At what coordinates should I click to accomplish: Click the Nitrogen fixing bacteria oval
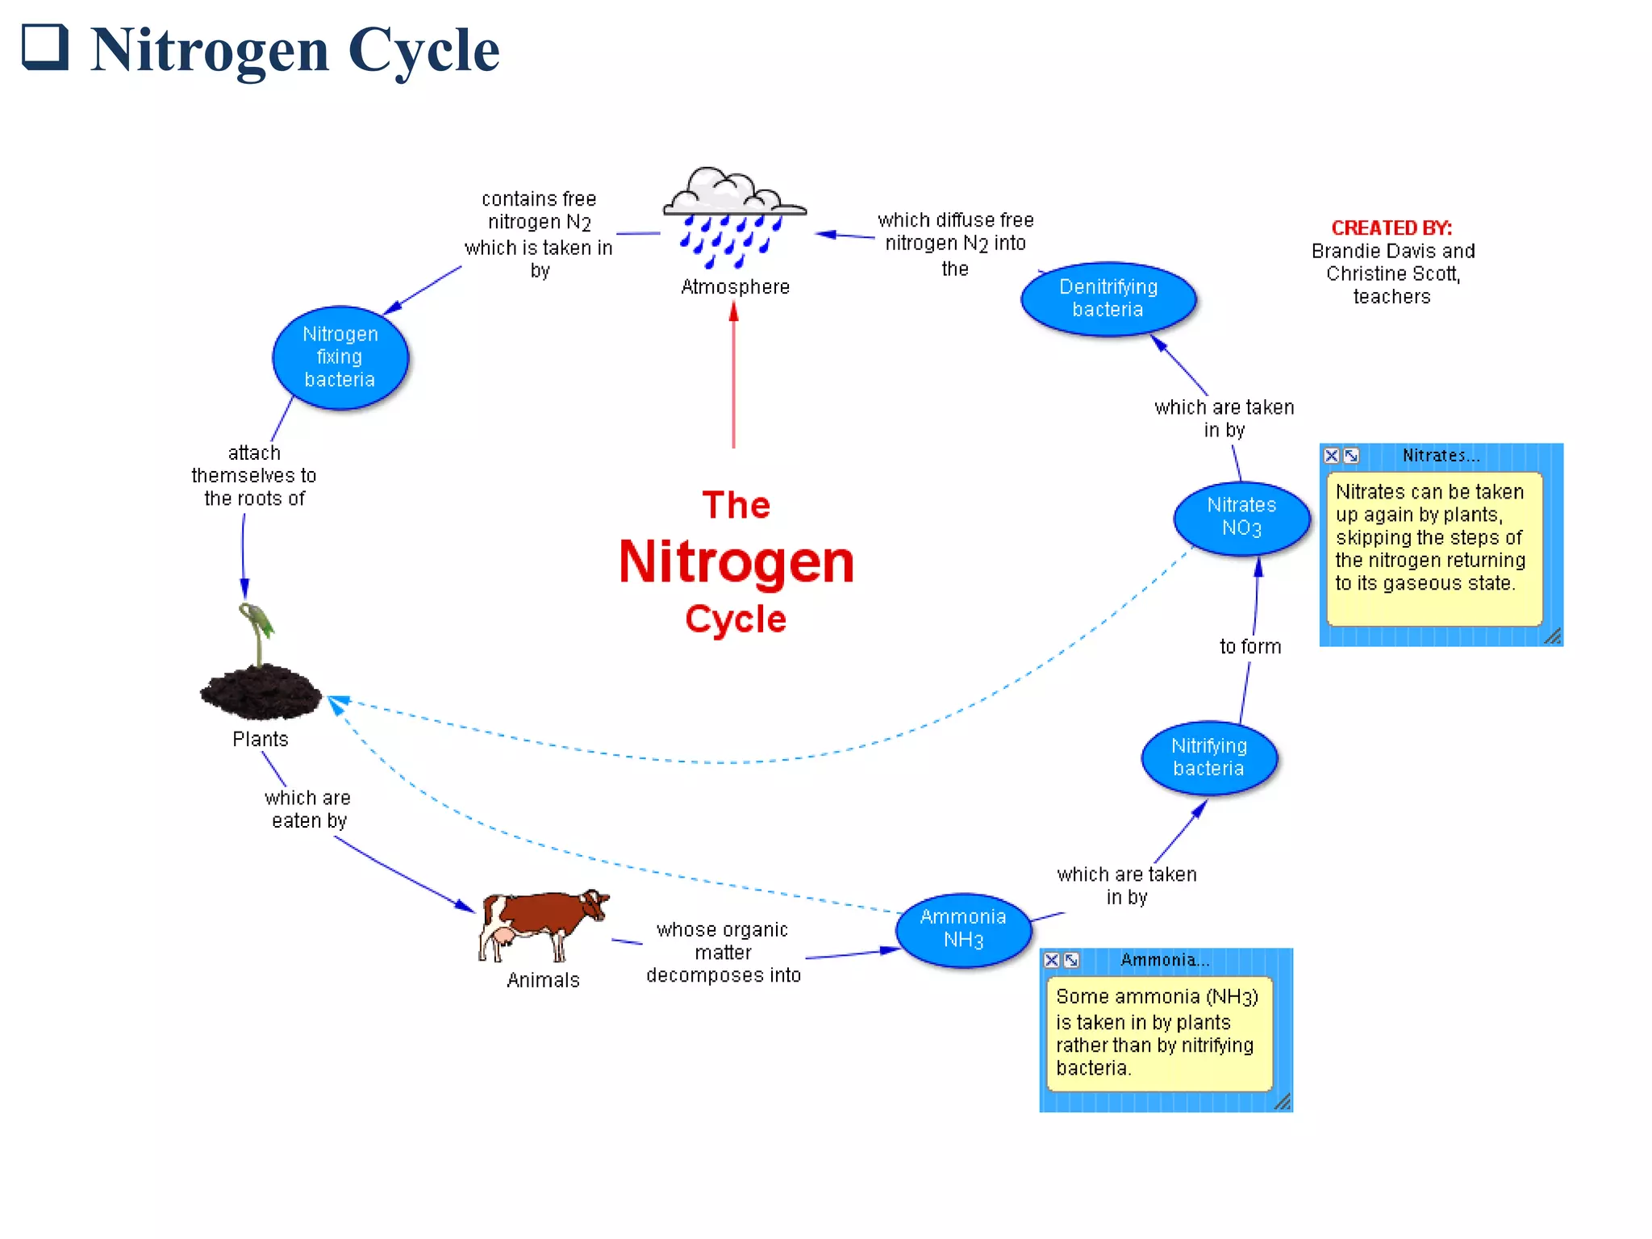pyautogui.click(x=340, y=357)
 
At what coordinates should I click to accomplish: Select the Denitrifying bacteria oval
pyautogui.click(x=1108, y=298)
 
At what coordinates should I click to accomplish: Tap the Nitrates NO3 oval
pyautogui.click(x=1241, y=517)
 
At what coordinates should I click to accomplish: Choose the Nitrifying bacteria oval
pyautogui.click(x=1208, y=757)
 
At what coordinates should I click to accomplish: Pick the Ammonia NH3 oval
pyautogui.click(x=963, y=929)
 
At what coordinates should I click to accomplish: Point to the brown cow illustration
pyautogui.click(x=542, y=924)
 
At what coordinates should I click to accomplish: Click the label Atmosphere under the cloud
pyautogui.click(x=735, y=287)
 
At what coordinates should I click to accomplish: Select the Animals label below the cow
pyautogui.click(x=543, y=980)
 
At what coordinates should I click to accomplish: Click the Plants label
pyautogui.click(x=260, y=739)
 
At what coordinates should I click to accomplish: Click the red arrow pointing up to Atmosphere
pyautogui.click(x=733, y=379)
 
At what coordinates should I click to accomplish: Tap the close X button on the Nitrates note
pyautogui.click(x=1332, y=456)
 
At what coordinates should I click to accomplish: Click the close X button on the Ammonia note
pyautogui.click(x=1052, y=960)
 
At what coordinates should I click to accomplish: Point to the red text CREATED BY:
pyautogui.click(x=1391, y=228)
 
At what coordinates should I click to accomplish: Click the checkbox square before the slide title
pyautogui.click(x=44, y=47)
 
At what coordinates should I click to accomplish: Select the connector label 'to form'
pyautogui.click(x=1249, y=646)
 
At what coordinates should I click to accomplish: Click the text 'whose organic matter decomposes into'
pyautogui.click(x=723, y=953)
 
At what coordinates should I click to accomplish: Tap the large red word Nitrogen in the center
pyautogui.click(x=736, y=562)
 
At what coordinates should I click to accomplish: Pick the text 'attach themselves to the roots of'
pyautogui.click(x=254, y=476)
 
